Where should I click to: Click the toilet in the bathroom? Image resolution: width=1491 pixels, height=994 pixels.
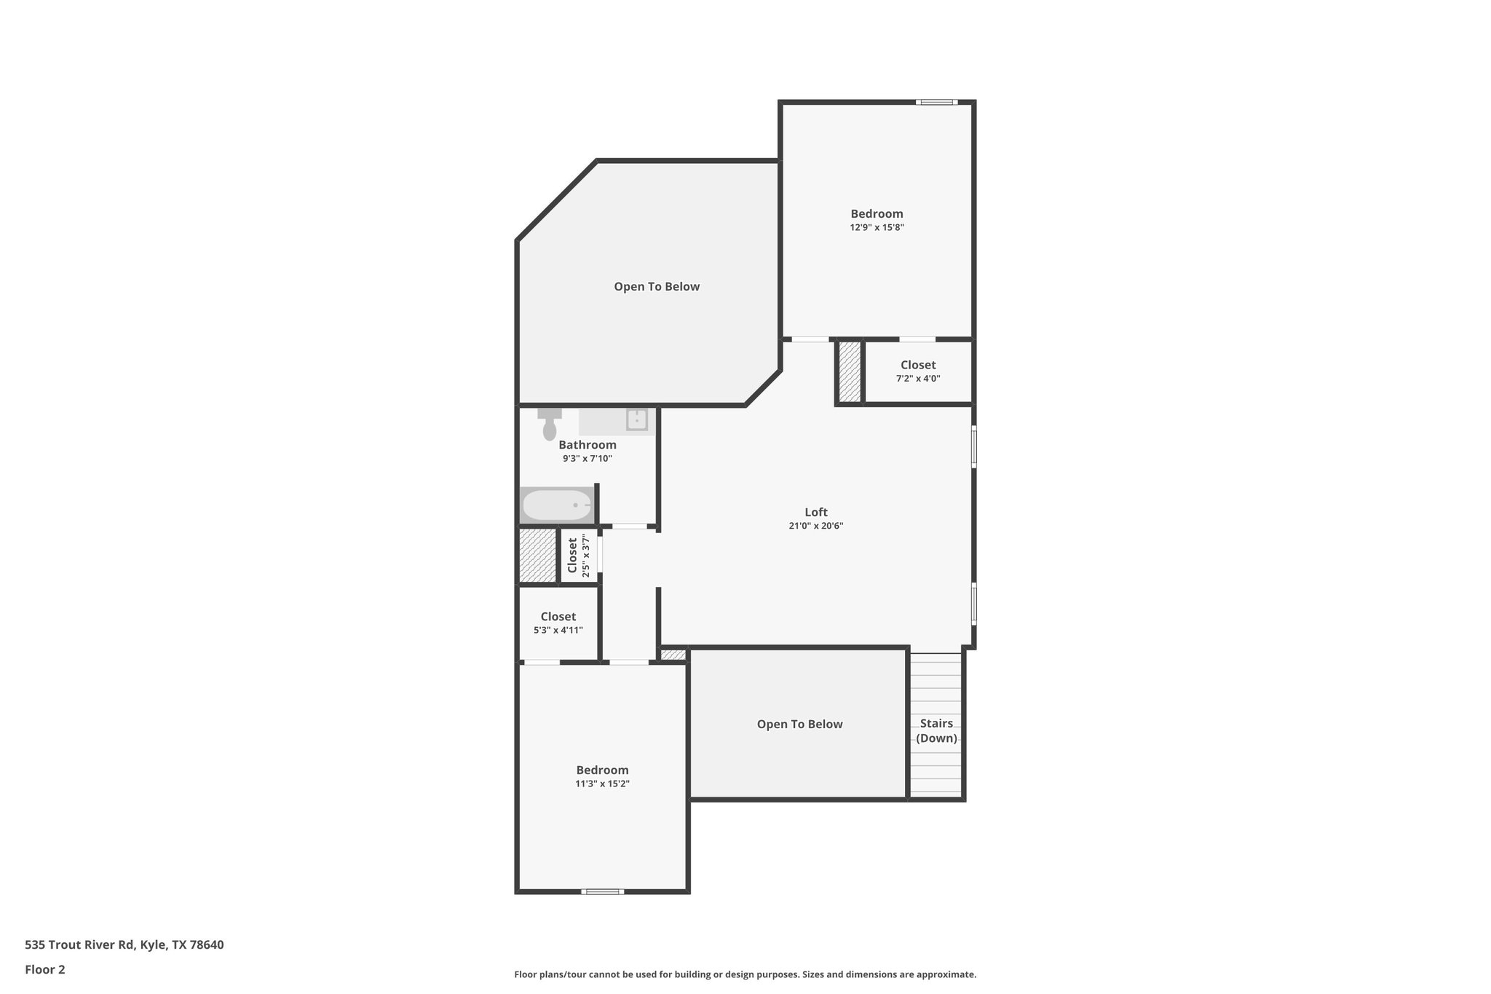[x=550, y=427]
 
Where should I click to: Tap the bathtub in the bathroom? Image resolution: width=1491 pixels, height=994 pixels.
[x=558, y=505]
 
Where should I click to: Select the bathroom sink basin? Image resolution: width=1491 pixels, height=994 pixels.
[x=637, y=420]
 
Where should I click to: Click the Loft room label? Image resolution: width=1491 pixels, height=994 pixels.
[x=816, y=512]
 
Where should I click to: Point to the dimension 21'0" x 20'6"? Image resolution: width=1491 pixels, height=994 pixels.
[x=816, y=526]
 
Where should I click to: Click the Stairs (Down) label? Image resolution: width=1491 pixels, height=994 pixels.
[x=936, y=730]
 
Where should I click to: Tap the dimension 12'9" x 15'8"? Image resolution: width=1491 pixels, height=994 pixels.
[x=877, y=227]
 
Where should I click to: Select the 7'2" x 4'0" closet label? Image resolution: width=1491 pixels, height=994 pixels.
[x=918, y=371]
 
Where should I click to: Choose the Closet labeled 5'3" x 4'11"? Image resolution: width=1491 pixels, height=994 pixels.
[x=558, y=623]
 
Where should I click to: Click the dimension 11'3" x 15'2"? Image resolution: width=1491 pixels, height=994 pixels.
[x=602, y=784]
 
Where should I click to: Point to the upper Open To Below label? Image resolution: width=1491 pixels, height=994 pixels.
[x=657, y=287]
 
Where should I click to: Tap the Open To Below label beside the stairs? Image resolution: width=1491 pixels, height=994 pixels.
[x=799, y=724]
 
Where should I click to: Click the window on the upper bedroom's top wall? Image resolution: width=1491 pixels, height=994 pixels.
[x=936, y=102]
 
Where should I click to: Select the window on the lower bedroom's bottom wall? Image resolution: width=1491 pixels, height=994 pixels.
[x=603, y=891]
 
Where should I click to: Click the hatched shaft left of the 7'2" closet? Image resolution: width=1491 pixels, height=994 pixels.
[x=850, y=371]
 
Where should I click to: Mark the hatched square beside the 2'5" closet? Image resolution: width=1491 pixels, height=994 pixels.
[x=537, y=556]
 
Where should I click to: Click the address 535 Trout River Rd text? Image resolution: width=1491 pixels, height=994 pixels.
[x=124, y=945]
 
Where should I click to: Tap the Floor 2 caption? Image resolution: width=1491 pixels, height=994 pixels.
[x=45, y=970]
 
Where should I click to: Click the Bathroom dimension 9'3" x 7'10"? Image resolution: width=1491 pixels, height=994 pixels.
[x=588, y=459]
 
